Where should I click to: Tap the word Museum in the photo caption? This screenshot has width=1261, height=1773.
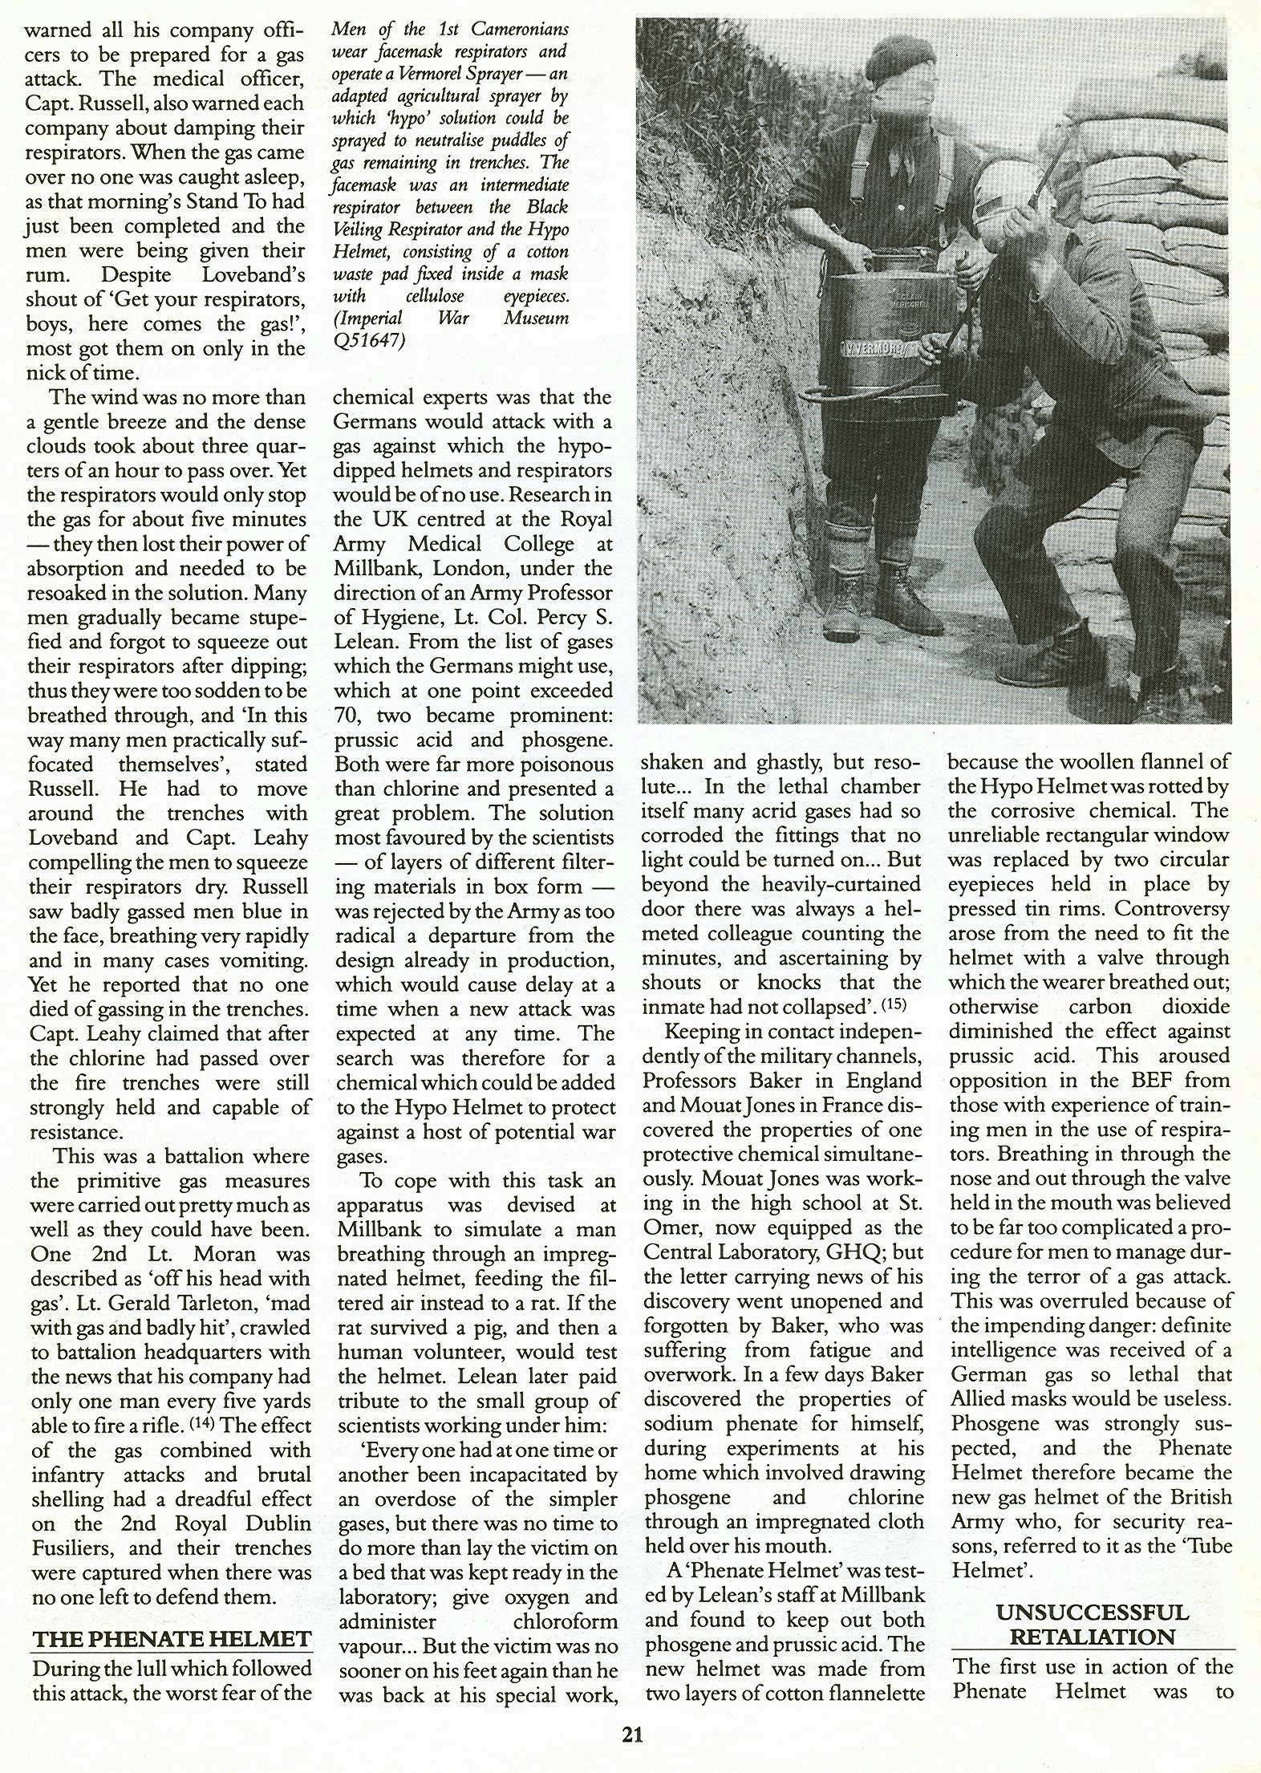(537, 318)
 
